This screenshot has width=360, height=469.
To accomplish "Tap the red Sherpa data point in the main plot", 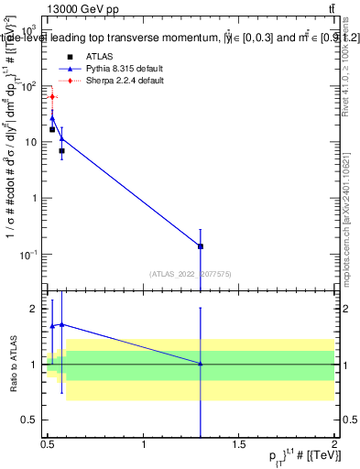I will pyautogui.click(x=52, y=96).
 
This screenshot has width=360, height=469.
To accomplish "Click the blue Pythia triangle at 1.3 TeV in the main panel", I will pyautogui.click(x=201, y=246).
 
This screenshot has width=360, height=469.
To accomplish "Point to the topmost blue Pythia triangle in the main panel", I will pyautogui.click(x=52, y=118).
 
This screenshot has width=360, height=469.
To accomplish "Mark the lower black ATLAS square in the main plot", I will pyautogui.click(x=61, y=150).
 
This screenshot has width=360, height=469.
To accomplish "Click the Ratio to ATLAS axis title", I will pyautogui.click(x=11, y=365).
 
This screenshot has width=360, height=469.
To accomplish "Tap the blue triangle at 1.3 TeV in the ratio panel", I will pyautogui.click(x=201, y=364).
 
